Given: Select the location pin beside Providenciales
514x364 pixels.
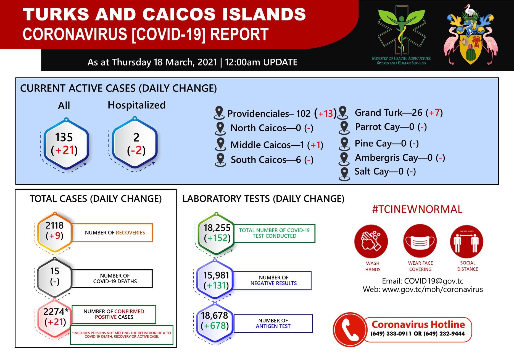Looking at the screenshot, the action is (x=219, y=113).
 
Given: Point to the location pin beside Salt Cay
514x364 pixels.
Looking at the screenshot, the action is (x=344, y=174).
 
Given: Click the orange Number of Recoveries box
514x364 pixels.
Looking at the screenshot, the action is (x=112, y=233).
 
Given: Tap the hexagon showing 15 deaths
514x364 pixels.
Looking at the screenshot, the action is (x=55, y=277).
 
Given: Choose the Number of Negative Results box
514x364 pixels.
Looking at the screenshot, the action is (x=272, y=281).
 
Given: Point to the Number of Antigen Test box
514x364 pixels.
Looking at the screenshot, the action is (x=273, y=323).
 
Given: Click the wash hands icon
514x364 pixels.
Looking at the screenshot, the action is (x=371, y=241).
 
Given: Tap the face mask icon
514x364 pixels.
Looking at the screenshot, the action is (x=420, y=241).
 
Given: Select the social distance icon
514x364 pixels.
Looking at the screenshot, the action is (x=466, y=241).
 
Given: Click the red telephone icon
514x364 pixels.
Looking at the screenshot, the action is (x=350, y=329).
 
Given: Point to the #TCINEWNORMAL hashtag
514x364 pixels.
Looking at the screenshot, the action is (x=417, y=209).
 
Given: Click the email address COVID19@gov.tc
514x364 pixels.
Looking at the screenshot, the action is (x=434, y=281).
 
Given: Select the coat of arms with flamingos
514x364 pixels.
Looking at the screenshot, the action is (x=470, y=35).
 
